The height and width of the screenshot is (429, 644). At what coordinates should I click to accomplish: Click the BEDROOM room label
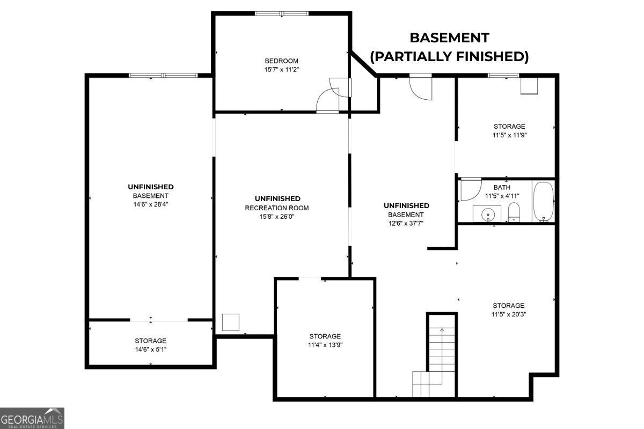(281, 61)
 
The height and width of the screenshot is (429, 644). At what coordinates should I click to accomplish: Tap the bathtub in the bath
(543, 202)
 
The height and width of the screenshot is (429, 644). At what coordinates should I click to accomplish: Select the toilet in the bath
(514, 212)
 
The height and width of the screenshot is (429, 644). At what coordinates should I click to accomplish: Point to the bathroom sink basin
(488, 214)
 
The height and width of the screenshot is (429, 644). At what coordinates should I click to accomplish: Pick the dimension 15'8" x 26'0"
(277, 217)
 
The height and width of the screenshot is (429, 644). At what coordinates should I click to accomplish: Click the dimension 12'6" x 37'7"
(406, 223)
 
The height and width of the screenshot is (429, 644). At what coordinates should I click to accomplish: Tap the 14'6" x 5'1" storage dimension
(151, 350)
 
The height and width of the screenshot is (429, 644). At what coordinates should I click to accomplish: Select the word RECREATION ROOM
(277, 208)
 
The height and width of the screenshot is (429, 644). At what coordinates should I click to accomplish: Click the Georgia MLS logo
(32, 418)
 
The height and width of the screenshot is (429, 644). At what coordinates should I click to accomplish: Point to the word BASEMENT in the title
(449, 38)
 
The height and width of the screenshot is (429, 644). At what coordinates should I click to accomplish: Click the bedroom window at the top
(282, 13)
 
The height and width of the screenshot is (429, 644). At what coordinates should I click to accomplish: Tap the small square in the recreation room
(231, 322)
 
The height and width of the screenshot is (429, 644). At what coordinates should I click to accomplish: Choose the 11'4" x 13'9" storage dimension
(325, 345)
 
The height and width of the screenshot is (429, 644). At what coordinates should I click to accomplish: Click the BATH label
(502, 187)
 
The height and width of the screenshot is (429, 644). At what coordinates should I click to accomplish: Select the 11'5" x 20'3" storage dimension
(509, 314)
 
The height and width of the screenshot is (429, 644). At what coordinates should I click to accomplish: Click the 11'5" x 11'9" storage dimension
(509, 135)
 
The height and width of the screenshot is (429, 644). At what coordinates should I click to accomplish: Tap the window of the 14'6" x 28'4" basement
(163, 75)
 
